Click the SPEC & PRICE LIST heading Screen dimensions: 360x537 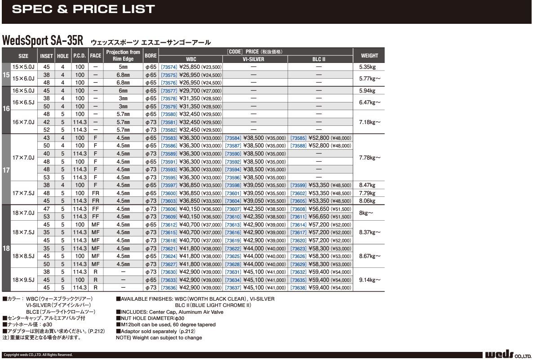click(x=83, y=9)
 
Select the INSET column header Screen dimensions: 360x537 click(x=46, y=56)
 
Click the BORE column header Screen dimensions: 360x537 click(x=151, y=56)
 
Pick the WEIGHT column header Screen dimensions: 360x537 click(x=369, y=56)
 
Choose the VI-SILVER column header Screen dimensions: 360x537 click(x=253, y=59)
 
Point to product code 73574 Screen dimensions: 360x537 click(x=169, y=67)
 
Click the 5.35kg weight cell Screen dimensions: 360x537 click(x=367, y=67)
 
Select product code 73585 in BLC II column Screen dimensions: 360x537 click(x=298, y=138)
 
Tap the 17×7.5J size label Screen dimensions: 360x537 click(x=23, y=193)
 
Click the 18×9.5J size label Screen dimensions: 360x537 click(x=23, y=280)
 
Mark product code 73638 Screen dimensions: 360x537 click(x=298, y=288)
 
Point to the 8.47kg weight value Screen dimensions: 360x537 click(x=367, y=185)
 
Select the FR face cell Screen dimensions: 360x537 click(x=95, y=193)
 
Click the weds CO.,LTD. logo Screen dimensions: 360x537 click(x=508, y=355)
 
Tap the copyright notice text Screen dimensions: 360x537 click(x=38, y=355)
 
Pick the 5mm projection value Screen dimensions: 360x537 click(x=123, y=67)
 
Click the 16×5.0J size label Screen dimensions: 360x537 click(x=23, y=91)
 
